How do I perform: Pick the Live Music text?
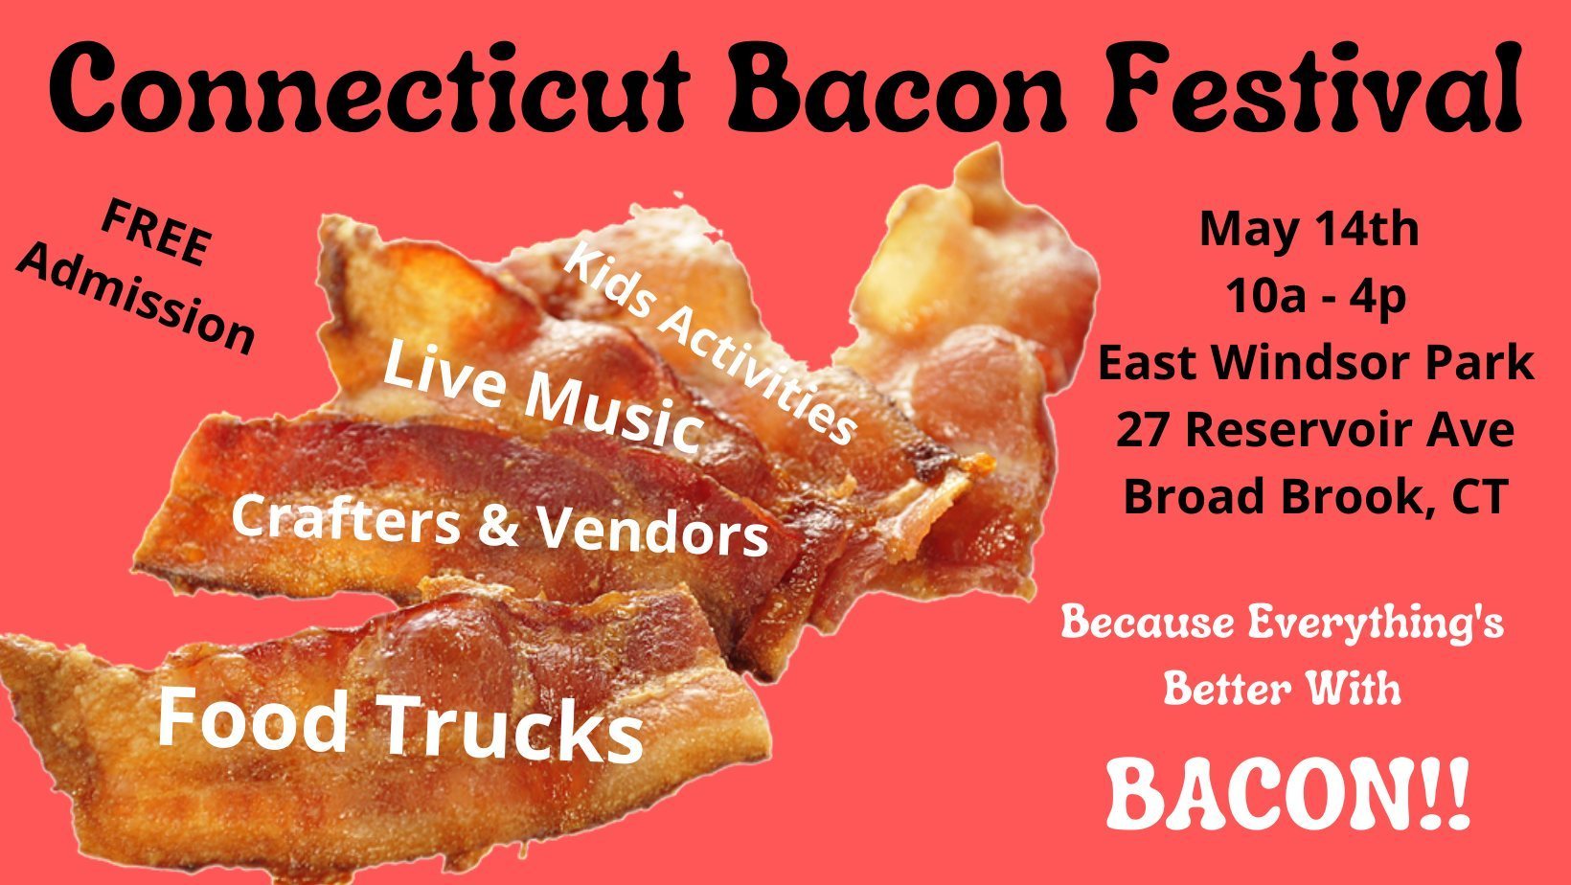pos(542,398)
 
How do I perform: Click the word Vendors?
pos(652,533)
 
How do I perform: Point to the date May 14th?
pos(1309,230)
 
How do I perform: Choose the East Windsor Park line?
pos(1315,364)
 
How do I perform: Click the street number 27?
pos(1144,430)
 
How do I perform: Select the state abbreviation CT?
pos(1480,496)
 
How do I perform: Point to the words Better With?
pos(1282,688)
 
